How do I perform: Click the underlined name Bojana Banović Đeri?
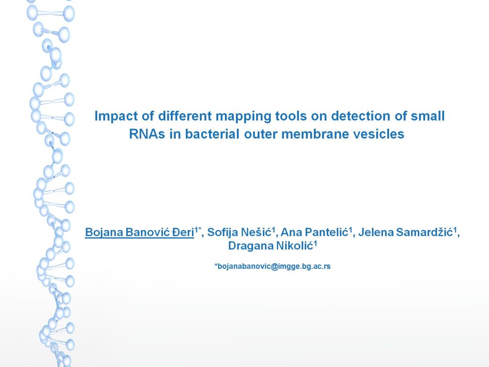[x=139, y=232]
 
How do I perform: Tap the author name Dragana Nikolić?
[x=270, y=246]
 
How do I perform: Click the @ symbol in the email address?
[x=275, y=267]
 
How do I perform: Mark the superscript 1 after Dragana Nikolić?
[x=315, y=243]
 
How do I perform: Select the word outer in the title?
[x=260, y=134]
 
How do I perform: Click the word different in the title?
[x=185, y=116]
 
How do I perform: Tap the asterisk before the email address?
[x=216, y=265]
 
